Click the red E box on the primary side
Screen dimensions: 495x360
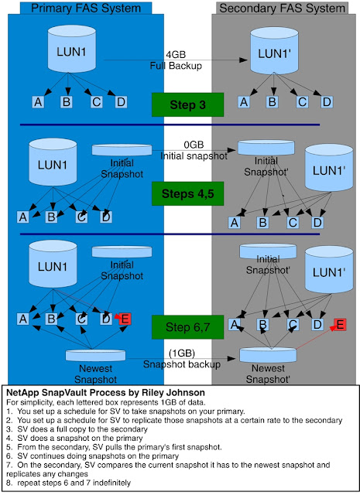click(x=125, y=319)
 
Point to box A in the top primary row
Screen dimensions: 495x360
click(x=37, y=102)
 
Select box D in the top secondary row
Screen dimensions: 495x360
click(x=327, y=102)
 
